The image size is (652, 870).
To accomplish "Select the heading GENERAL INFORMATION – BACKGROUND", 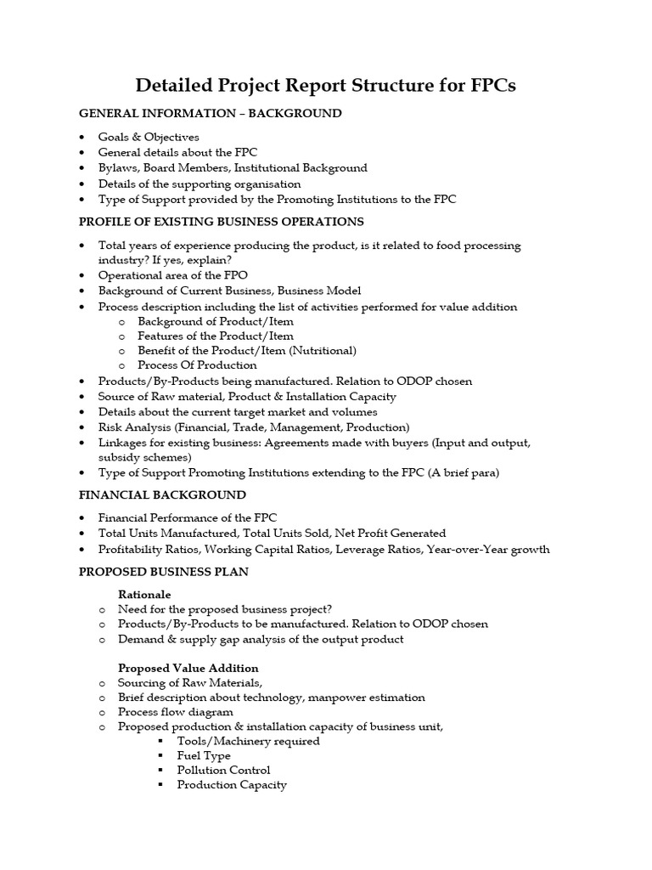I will pyautogui.click(x=211, y=113).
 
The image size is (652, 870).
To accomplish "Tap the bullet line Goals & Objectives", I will pyautogui.click(x=149, y=137).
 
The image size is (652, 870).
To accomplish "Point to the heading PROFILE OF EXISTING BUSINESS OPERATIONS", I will pyautogui.click(x=221, y=222).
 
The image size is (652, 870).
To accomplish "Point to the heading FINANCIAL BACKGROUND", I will pyautogui.click(x=162, y=494).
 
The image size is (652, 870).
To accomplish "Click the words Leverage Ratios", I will pyautogui.click(x=385, y=549).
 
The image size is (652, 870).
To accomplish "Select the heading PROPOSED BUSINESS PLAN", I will pyautogui.click(x=164, y=572).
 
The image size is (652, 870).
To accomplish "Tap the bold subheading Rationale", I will pyautogui.click(x=144, y=594).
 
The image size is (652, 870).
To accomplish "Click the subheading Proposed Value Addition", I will pyautogui.click(x=188, y=668).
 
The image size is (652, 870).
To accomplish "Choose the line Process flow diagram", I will pyautogui.click(x=176, y=712).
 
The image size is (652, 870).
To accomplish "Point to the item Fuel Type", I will pyautogui.click(x=204, y=755).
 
